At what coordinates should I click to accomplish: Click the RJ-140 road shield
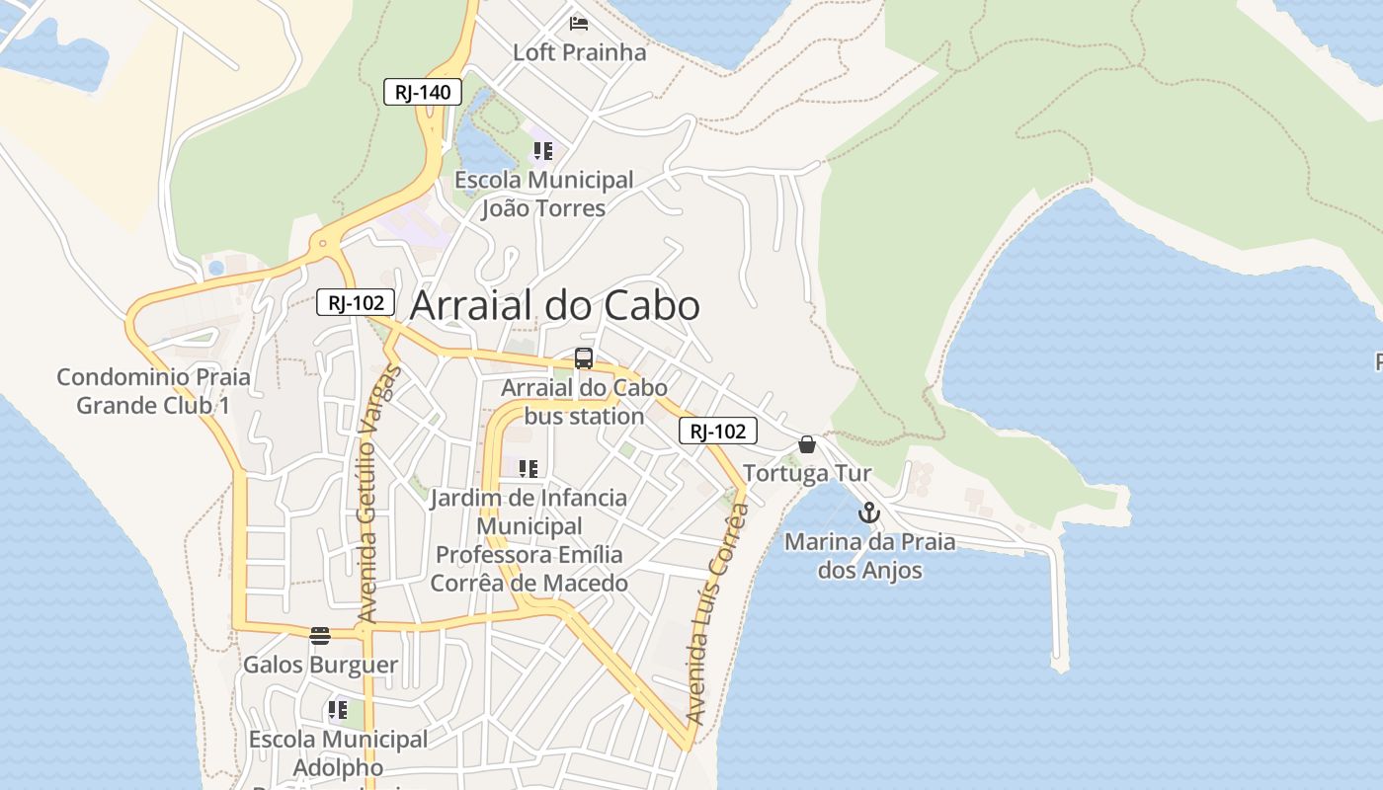tap(423, 93)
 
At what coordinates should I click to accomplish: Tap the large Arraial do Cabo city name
tap(554, 305)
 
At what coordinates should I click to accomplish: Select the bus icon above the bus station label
tap(584, 358)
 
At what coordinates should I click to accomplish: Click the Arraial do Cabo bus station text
tap(584, 402)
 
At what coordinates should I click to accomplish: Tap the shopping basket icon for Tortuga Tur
tap(807, 444)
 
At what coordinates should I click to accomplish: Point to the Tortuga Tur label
tap(807, 473)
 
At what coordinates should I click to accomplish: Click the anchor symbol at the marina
tap(868, 513)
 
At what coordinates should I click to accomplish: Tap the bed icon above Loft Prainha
tap(579, 23)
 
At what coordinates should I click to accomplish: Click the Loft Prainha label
tap(579, 52)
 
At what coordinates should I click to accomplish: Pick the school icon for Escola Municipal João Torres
tap(542, 151)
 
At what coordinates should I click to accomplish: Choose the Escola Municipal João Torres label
tap(543, 195)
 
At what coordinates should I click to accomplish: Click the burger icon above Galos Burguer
tap(319, 635)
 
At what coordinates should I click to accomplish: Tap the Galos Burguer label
tap(320, 665)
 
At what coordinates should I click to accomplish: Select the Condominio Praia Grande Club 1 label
tap(153, 391)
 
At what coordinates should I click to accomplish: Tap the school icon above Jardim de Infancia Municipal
tap(529, 468)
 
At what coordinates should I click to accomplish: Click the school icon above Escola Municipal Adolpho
tap(338, 710)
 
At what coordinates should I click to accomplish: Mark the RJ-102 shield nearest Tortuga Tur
tap(718, 431)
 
